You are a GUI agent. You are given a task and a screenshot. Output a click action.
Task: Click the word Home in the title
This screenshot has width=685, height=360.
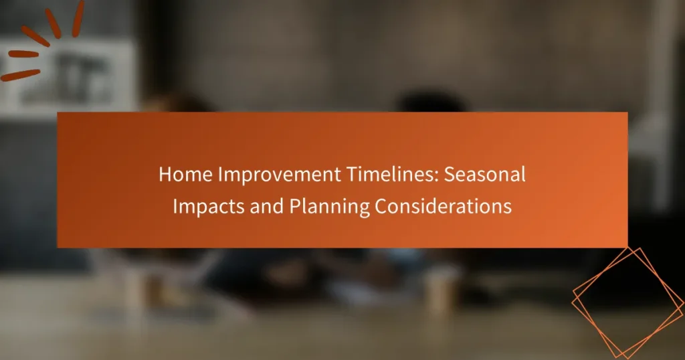pyautogui.click(x=179, y=175)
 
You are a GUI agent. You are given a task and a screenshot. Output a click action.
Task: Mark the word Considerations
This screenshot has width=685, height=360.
pyautogui.click(x=443, y=207)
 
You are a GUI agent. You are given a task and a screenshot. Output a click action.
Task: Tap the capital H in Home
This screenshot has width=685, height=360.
pyautogui.click(x=165, y=175)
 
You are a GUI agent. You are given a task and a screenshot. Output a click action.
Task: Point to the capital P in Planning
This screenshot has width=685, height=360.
pyautogui.click(x=294, y=207)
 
